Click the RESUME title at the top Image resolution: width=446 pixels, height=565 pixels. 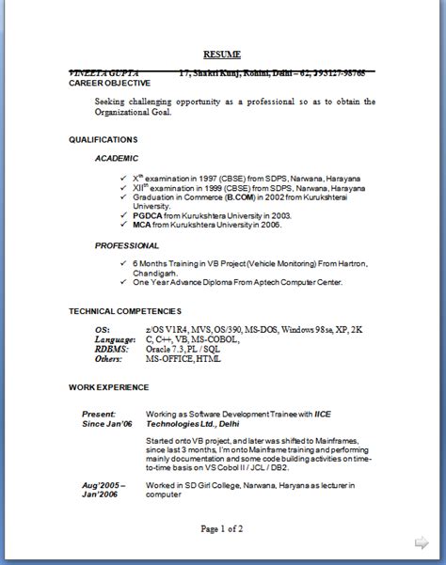(223, 55)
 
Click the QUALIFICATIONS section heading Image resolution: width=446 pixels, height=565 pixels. (103, 139)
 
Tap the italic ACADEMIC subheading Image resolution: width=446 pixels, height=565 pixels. (117, 158)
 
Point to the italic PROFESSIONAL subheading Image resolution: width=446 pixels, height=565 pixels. (127, 245)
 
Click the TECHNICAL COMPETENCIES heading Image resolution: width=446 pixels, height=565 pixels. (125, 311)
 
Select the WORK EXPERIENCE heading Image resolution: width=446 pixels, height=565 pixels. (108, 386)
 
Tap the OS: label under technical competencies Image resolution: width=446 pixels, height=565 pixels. (103, 330)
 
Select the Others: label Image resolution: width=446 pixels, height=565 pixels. (108, 358)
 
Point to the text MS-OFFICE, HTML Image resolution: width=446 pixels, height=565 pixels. (183, 358)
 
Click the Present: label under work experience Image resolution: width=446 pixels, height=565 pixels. (99, 413)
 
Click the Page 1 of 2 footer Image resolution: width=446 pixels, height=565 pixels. (222, 529)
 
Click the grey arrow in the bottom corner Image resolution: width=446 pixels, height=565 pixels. (422, 542)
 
